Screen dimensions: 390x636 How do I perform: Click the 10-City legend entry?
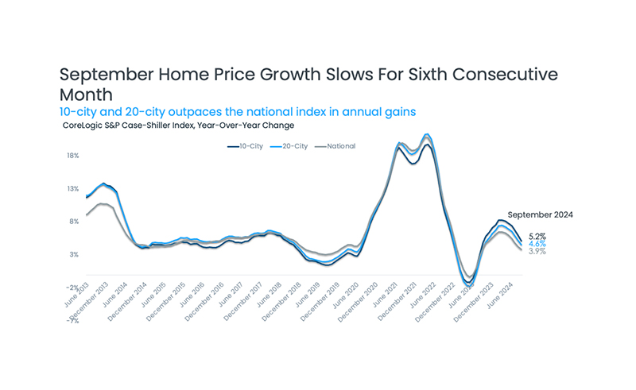click(x=246, y=146)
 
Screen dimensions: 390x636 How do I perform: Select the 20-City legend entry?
click(x=291, y=146)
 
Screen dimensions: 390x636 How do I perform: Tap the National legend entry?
click(x=336, y=146)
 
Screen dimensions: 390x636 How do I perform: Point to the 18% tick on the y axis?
click(x=72, y=156)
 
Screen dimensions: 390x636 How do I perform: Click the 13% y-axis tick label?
click(x=72, y=189)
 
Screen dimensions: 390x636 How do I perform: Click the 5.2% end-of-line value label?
click(x=537, y=237)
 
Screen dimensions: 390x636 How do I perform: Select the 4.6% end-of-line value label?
click(x=537, y=244)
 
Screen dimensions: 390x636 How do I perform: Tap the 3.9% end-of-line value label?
click(x=537, y=251)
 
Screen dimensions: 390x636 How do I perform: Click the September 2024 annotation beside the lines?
click(x=540, y=214)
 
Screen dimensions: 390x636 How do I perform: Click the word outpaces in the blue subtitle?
click(x=185, y=112)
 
